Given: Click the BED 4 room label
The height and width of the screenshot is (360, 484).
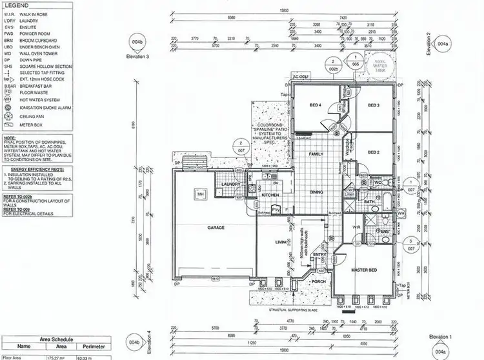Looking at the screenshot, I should (315, 105).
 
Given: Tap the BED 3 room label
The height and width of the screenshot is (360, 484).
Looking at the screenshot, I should (374, 105).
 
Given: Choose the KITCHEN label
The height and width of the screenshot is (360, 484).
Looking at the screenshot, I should (270, 194).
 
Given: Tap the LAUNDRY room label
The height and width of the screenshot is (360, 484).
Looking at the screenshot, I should (230, 184).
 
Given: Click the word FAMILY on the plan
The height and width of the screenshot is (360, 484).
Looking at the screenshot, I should (316, 155).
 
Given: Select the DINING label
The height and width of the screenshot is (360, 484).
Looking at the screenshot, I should (316, 192).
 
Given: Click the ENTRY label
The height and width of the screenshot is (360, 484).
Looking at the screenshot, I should (319, 255).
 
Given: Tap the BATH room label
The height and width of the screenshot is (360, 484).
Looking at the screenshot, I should (368, 202).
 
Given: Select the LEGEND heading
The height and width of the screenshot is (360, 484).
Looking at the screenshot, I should (17, 5).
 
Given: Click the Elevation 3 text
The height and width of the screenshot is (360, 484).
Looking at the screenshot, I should (139, 57).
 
